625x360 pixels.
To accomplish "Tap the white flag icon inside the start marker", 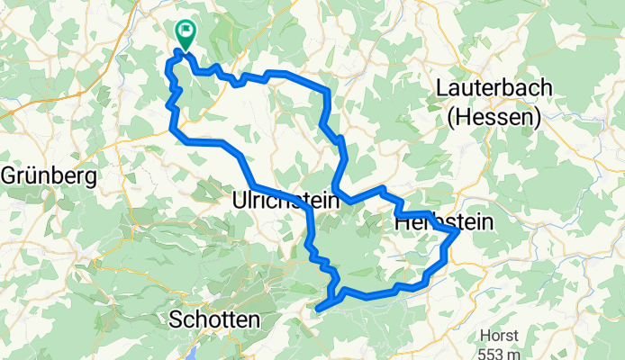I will (187, 31).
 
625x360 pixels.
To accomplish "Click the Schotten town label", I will (214, 319).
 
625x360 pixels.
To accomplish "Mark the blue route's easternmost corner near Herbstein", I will (458, 231).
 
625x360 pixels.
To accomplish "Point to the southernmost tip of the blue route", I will (319, 310).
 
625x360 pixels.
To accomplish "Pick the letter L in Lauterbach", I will (442, 88).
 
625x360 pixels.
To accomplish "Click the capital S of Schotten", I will (176, 319).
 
